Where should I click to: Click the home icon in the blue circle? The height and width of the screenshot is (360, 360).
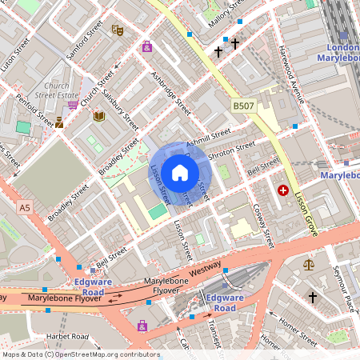[x=180, y=172]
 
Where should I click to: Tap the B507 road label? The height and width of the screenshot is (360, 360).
[x=244, y=106]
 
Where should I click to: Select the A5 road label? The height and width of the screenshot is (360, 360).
[x=24, y=208]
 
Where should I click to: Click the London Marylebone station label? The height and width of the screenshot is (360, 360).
[x=338, y=53]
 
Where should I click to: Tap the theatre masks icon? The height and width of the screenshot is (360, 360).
[x=117, y=31]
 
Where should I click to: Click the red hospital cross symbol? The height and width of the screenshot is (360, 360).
[x=283, y=190]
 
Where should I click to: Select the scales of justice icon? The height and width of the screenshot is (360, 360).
[x=309, y=263]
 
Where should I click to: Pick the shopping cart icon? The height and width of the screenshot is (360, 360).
[x=73, y=103]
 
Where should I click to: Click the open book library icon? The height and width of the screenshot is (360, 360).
[x=99, y=117]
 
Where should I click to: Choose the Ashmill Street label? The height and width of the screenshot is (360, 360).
[x=208, y=136]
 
